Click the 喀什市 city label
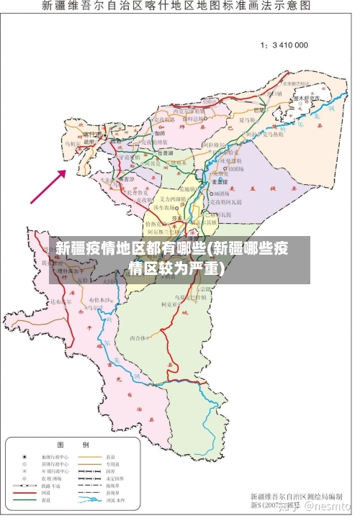click(92, 135)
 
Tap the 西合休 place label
click(138, 337)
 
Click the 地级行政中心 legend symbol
click(24, 456)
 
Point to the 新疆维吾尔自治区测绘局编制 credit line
click(296, 496)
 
